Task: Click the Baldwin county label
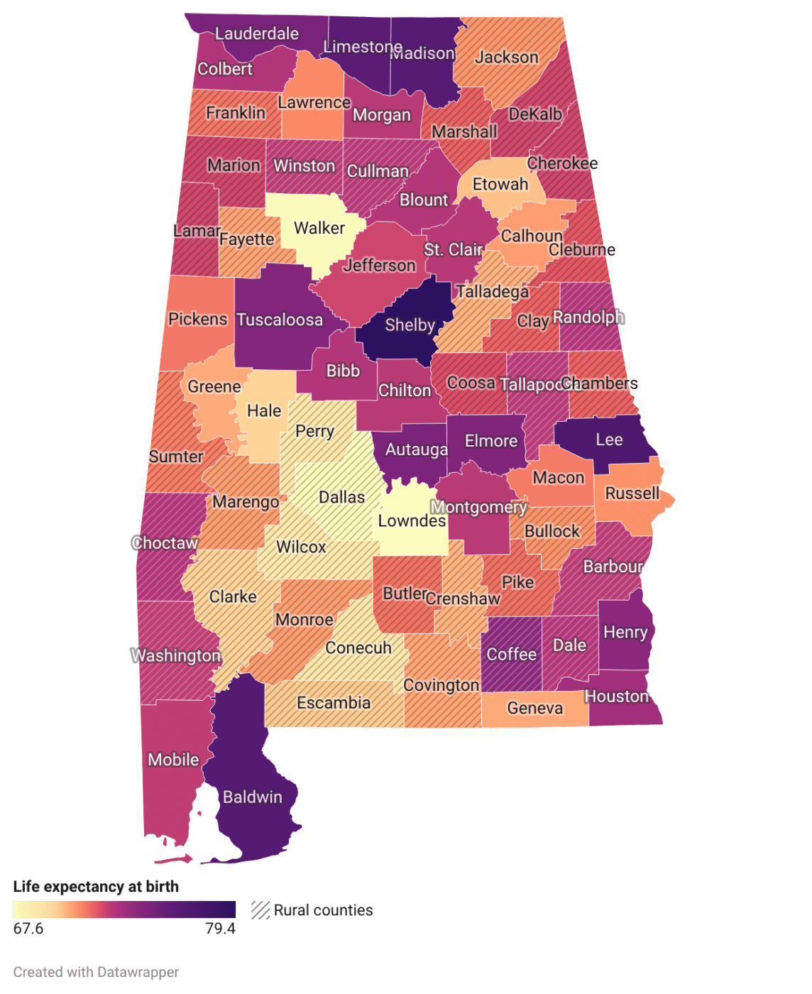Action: pyautogui.click(x=253, y=797)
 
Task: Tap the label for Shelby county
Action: pyautogui.click(x=410, y=325)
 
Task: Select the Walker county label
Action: pyautogui.click(x=319, y=228)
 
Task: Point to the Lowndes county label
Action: pyautogui.click(x=412, y=521)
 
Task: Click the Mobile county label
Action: pyautogui.click(x=173, y=760)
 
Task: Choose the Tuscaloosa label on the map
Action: pyautogui.click(x=280, y=320)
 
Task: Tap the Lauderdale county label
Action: pyautogui.click(x=257, y=33)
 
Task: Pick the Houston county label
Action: pyautogui.click(x=617, y=697)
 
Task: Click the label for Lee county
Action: pyautogui.click(x=609, y=440)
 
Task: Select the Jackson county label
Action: pyautogui.click(x=507, y=58)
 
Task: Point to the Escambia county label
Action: pyautogui.click(x=334, y=703)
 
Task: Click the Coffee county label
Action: pyautogui.click(x=511, y=655)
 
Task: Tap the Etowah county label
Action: pyautogui.click(x=500, y=185)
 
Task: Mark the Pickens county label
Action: pyautogui.click(x=197, y=319)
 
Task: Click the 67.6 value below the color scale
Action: pyautogui.click(x=28, y=929)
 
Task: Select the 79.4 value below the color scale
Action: pyautogui.click(x=220, y=929)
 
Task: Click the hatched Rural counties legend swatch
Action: pyautogui.click(x=260, y=910)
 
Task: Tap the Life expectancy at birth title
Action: pyautogui.click(x=96, y=887)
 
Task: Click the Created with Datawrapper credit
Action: pyautogui.click(x=96, y=972)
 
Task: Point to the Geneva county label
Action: pyautogui.click(x=535, y=709)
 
